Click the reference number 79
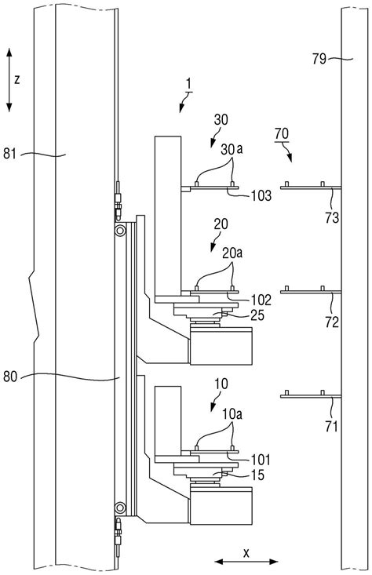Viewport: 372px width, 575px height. (319, 59)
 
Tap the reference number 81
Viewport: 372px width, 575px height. (10, 152)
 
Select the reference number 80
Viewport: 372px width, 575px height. (10, 377)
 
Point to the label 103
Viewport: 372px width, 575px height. (261, 195)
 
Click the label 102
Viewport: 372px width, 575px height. (261, 300)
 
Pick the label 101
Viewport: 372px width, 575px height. (261, 459)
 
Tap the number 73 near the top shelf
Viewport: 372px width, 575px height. (332, 218)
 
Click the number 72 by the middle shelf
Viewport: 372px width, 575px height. (332, 322)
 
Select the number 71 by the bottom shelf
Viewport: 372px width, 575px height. (331, 427)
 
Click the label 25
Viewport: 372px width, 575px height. (257, 315)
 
